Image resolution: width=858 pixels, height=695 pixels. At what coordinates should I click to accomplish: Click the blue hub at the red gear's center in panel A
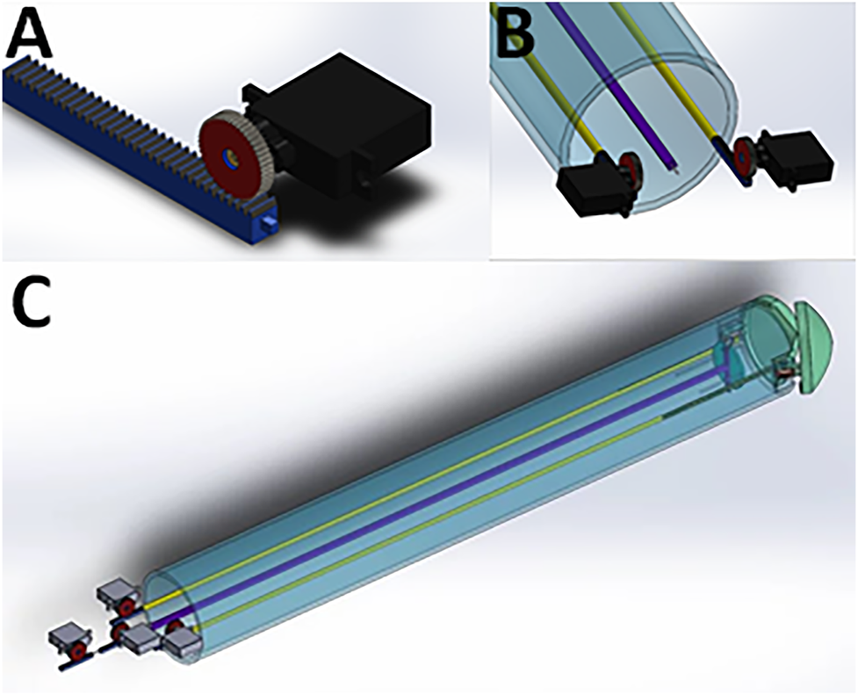[230, 159]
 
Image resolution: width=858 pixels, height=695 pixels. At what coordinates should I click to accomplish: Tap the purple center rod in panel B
[615, 88]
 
